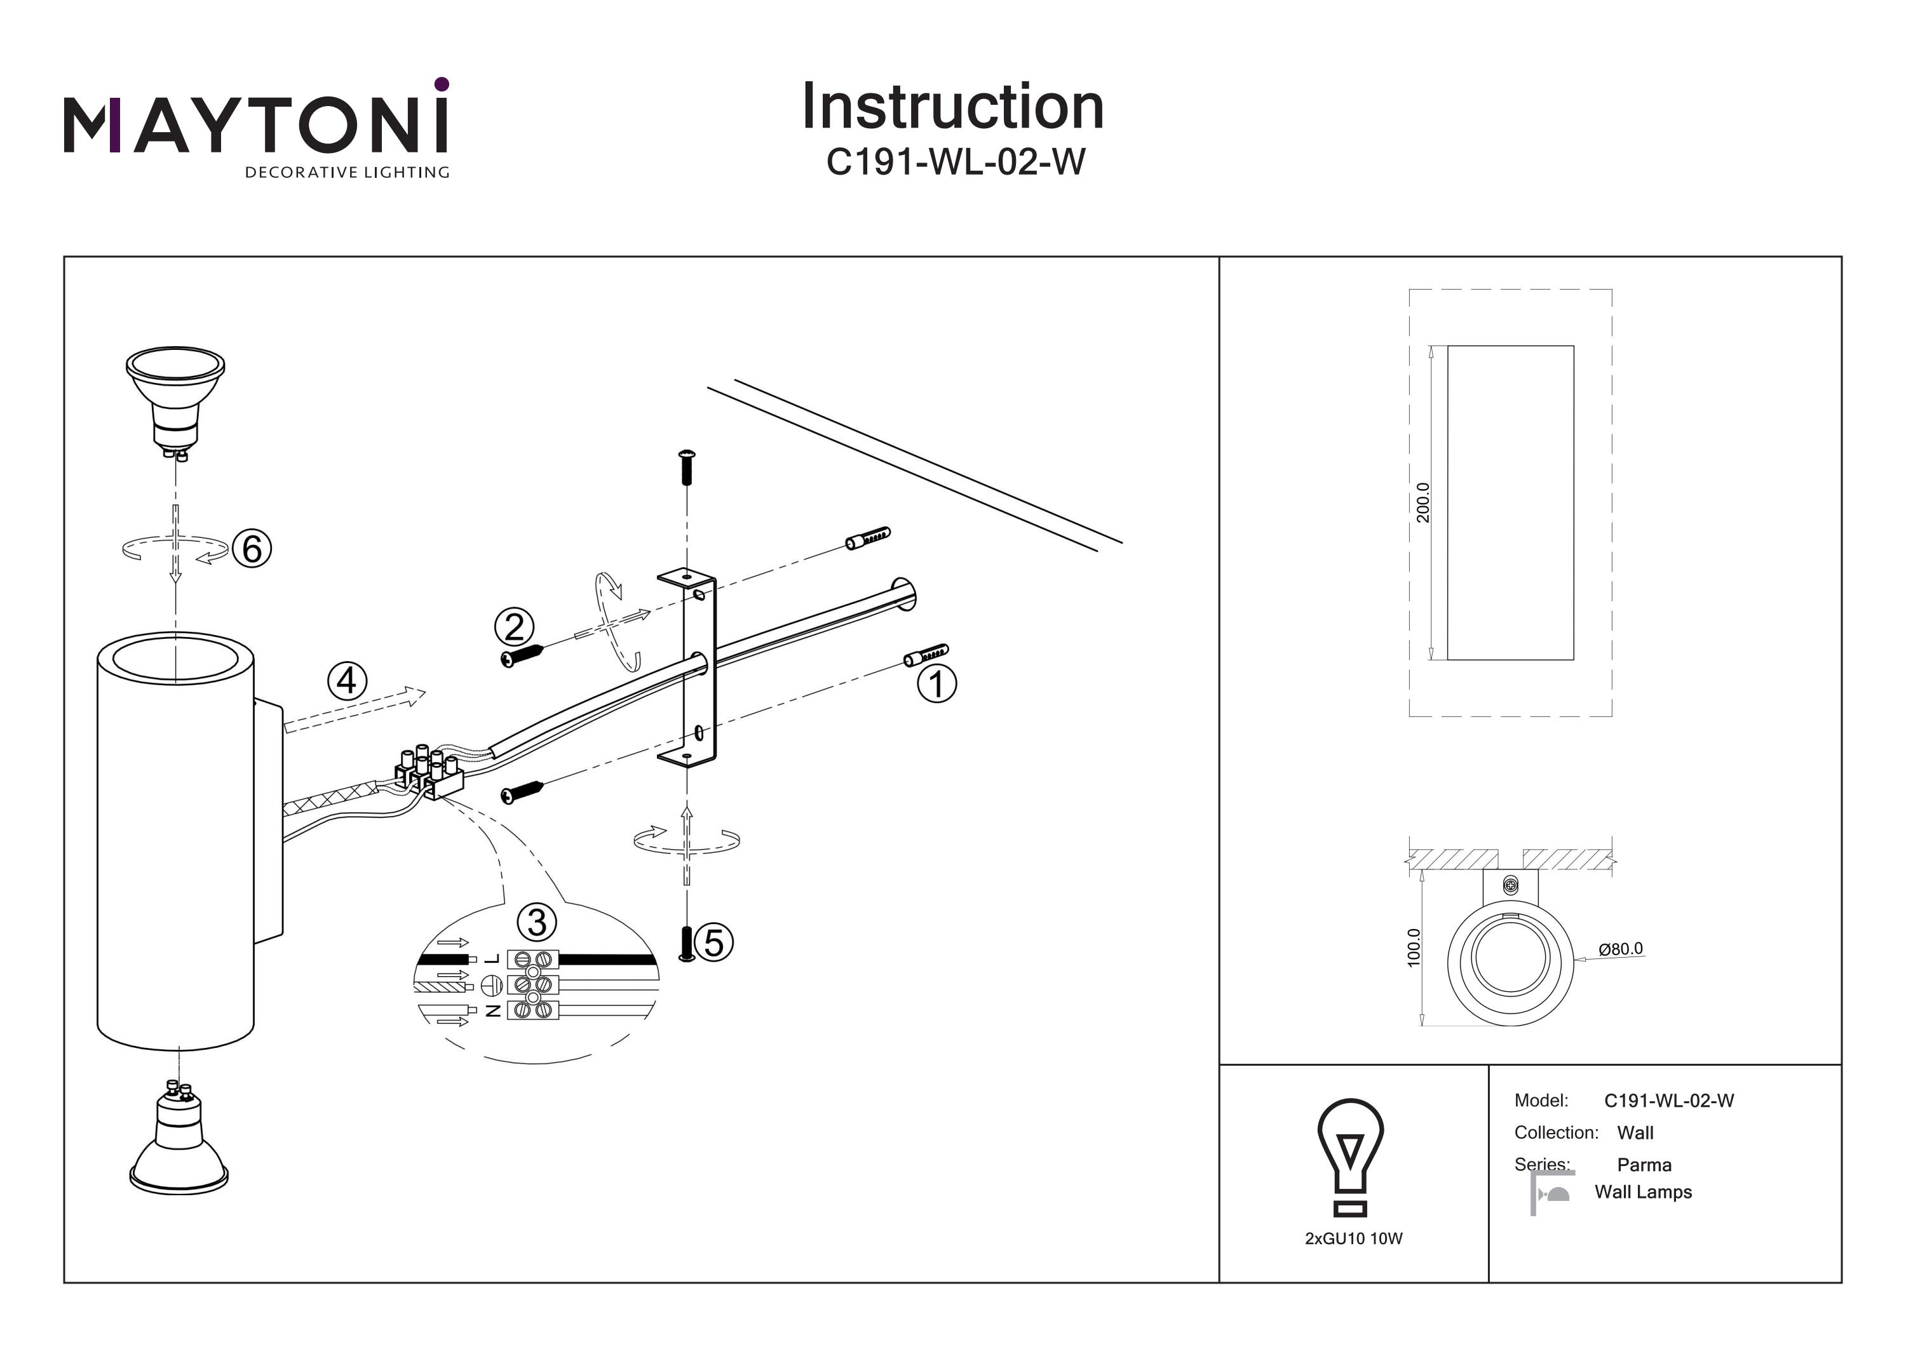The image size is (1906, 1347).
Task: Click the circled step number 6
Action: (252, 549)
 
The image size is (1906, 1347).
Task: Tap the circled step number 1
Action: (936, 685)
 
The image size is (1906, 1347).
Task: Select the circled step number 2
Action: (515, 627)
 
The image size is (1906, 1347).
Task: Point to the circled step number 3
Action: (537, 923)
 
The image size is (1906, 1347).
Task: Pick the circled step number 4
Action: (347, 681)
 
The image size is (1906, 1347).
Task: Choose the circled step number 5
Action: (714, 943)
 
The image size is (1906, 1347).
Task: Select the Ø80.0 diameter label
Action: (1621, 949)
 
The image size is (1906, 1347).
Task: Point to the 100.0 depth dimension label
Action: (1414, 947)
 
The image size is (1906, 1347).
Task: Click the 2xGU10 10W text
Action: (1354, 1238)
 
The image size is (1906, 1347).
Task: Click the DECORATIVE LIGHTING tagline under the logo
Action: (347, 173)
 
